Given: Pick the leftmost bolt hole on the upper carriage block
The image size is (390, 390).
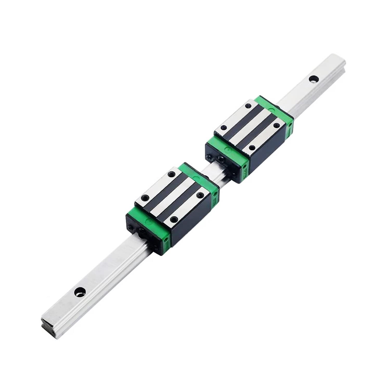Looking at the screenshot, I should coord(223,128).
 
